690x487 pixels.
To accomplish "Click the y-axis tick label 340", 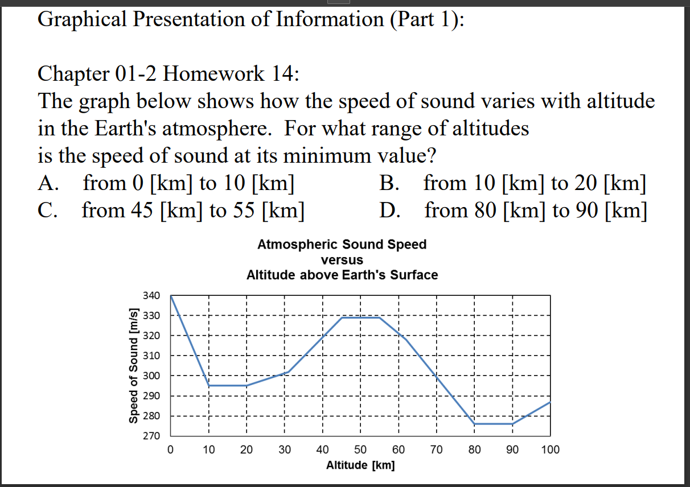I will (x=151, y=296).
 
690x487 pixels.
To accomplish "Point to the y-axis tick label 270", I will (x=151, y=436).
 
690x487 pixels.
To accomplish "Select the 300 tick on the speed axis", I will (x=151, y=376).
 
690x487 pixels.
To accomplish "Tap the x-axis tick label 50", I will (x=360, y=450).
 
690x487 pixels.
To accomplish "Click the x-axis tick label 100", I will (x=550, y=450).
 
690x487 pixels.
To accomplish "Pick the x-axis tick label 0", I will (x=170, y=450).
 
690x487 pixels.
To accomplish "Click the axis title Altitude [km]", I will (x=360, y=465).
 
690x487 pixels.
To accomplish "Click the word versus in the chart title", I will (x=342, y=260).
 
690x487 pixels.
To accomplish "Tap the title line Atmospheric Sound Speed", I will (x=342, y=245).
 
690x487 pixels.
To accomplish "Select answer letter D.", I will (x=389, y=211).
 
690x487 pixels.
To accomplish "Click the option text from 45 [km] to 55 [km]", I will (x=192, y=211).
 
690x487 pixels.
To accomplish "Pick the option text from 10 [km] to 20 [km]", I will (x=535, y=184).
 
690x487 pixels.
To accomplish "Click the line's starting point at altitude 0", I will (x=171, y=296).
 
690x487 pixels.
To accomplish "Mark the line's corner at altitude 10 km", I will (x=208, y=386).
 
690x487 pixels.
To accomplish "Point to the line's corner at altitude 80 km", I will (x=474, y=424).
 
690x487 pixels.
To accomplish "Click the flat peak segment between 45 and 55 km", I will (x=360, y=317).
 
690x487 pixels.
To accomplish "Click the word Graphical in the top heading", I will (x=82, y=19).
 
